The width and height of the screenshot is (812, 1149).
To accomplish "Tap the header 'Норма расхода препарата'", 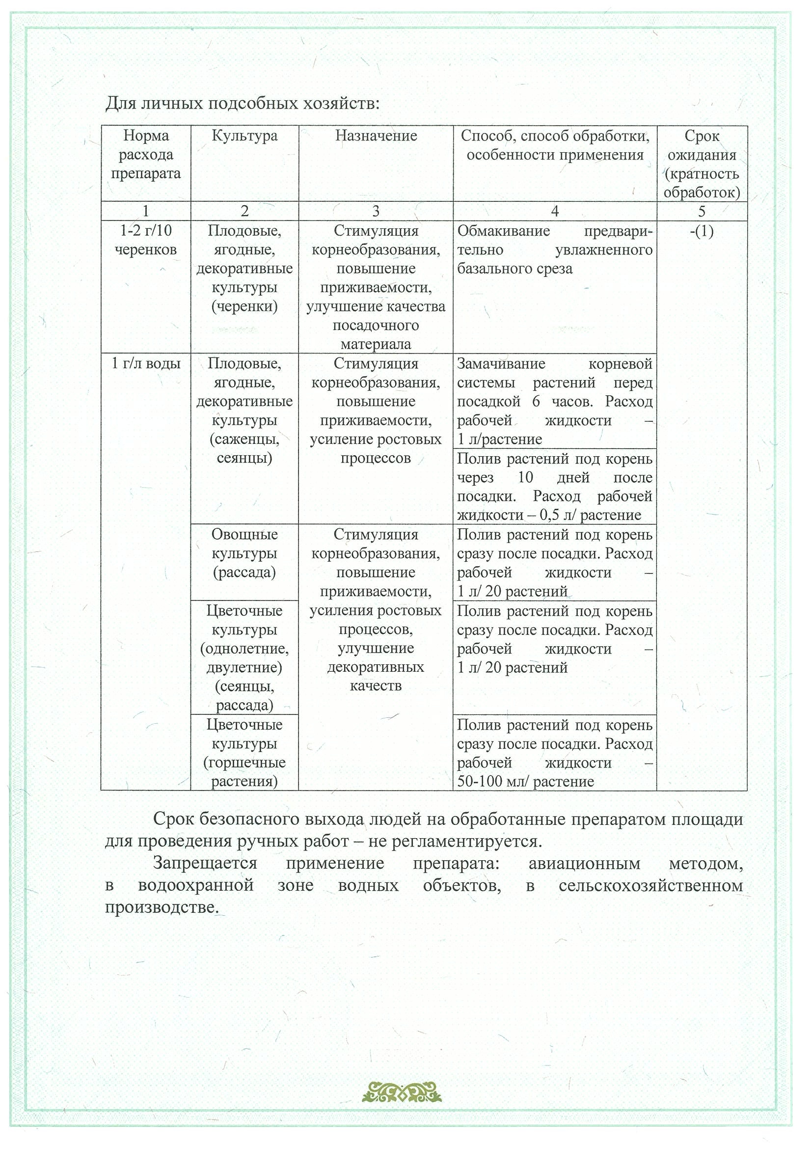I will [x=146, y=155].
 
